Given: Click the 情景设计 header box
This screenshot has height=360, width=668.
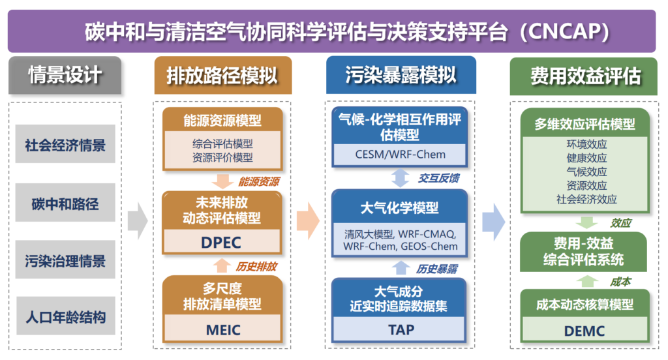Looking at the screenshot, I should click(65, 75).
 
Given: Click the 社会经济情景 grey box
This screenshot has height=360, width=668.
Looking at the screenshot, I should click(65, 144).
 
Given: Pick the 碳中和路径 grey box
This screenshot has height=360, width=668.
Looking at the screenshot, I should click(65, 203).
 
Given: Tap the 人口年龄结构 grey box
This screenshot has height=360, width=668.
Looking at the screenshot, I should click(65, 318).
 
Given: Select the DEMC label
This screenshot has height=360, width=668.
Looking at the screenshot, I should click(584, 331).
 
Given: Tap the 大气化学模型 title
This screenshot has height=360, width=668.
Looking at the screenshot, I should click(399, 208).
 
